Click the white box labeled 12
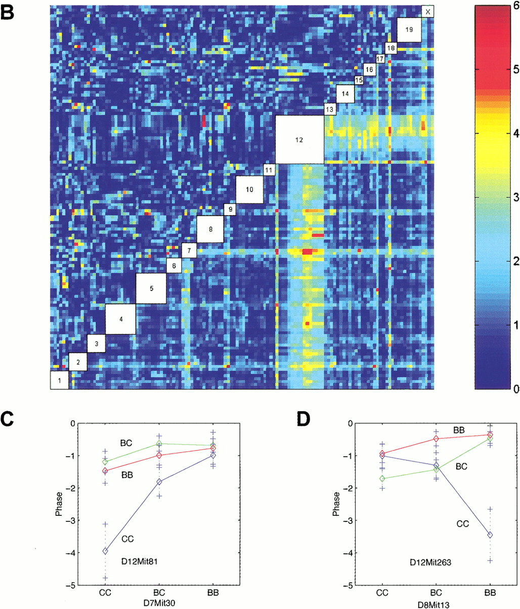[299, 139]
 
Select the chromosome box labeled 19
[409, 30]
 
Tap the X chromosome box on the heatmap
[428, 11]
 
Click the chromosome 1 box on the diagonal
[59, 380]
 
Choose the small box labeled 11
[269, 170]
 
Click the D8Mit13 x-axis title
[435, 603]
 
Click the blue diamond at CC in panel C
[105, 551]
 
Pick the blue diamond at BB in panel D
[490, 535]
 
